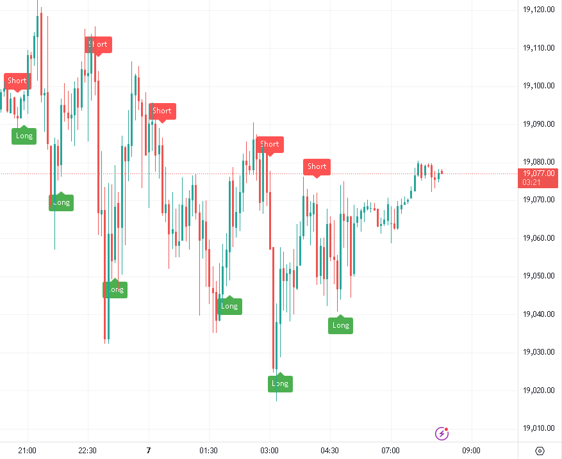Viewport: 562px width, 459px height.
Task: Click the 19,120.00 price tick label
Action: (x=538, y=10)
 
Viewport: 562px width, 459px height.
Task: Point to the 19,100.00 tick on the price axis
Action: (x=538, y=86)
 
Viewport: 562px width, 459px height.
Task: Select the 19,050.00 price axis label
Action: (x=538, y=277)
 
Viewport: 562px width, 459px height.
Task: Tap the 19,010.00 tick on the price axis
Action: (x=538, y=428)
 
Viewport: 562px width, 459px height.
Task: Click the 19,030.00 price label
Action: (x=538, y=352)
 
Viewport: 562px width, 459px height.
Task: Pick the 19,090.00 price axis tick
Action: (x=538, y=124)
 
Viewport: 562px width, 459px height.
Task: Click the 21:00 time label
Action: (x=27, y=450)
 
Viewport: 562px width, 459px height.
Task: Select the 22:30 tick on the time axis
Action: (x=87, y=450)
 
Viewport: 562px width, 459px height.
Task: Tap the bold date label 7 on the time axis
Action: (x=148, y=450)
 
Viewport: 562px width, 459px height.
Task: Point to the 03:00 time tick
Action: (x=269, y=450)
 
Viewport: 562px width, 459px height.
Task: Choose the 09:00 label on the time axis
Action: (x=472, y=450)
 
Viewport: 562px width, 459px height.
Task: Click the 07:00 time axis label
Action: (x=390, y=450)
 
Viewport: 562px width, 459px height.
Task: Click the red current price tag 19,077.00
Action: (x=538, y=173)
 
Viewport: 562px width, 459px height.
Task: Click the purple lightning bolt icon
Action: (x=442, y=434)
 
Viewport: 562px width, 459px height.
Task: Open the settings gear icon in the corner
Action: (x=540, y=450)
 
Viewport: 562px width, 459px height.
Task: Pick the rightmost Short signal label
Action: (x=317, y=166)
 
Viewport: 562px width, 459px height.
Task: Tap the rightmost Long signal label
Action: (x=341, y=325)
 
